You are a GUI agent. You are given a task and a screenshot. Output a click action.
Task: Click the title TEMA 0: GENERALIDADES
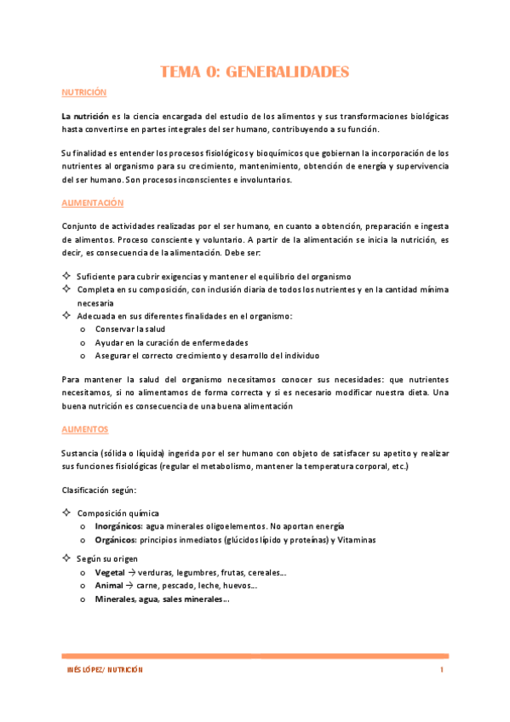[255, 72]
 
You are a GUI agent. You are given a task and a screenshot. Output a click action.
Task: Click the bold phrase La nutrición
[85, 115]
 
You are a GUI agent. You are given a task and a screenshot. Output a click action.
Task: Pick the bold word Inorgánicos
[118, 526]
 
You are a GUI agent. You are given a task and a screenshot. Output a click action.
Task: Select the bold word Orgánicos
[115, 540]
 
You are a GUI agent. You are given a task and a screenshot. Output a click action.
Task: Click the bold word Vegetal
[111, 573]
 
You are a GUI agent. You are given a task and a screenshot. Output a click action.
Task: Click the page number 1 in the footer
[443, 671]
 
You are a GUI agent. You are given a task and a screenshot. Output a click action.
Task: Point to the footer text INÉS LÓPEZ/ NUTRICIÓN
[105, 671]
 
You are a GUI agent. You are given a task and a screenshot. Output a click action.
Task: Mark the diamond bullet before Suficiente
[67, 277]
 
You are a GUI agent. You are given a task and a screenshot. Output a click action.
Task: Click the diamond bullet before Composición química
[67, 513]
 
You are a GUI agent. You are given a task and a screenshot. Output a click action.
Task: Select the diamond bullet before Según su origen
[67, 559]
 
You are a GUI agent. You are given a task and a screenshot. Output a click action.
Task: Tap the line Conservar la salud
[130, 329]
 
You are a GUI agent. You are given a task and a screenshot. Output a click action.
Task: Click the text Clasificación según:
[97, 491]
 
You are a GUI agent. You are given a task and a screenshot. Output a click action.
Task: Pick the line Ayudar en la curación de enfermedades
[167, 341]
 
